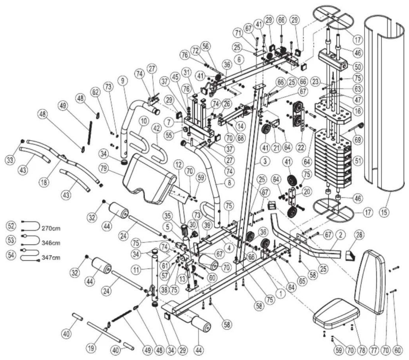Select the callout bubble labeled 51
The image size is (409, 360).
tap(358, 161)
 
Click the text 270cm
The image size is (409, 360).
tap(51, 229)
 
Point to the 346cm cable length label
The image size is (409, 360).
tap(51, 243)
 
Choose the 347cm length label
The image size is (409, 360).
tap(51, 258)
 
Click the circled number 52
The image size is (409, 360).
tap(11, 226)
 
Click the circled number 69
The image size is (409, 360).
tap(358, 140)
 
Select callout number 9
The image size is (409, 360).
tap(123, 81)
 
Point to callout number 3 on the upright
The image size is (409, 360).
tap(265, 161)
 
